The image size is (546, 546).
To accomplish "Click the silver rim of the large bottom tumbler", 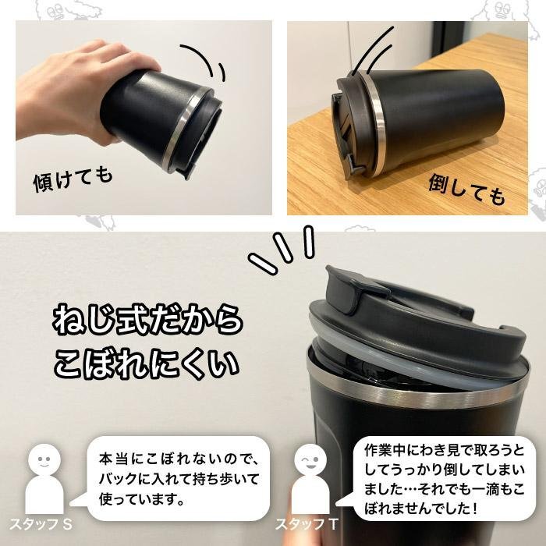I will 413,394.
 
